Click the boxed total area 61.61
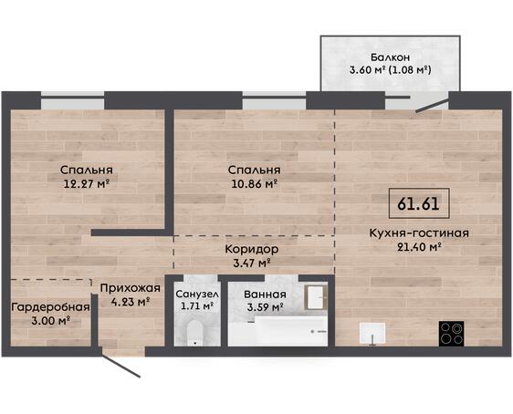click(x=419, y=203)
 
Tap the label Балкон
click(x=390, y=57)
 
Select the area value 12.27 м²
click(x=87, y=183)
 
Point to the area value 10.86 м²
click(x=255, y=183)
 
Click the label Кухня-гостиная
click(x=419, y=233)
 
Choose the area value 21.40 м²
click(x=419, y=247)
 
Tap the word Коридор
click(x=252, y=249)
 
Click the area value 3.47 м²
click(x=252, y=263)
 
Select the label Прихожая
click(x=131, y=288)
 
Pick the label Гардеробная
click(x=50, y=307)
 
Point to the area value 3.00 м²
click(x=51, y=321)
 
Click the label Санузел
click(x=197, y=294)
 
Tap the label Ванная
click(x=265, y=294)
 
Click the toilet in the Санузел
click(x=195, y=333)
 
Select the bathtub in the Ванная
click(x=290, y=331)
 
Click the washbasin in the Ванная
click(x=316, y=297)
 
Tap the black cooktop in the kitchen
click(x=451, y=334)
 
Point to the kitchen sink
click(x=372, y=333)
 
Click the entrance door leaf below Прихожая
click(x=120, y=365)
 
